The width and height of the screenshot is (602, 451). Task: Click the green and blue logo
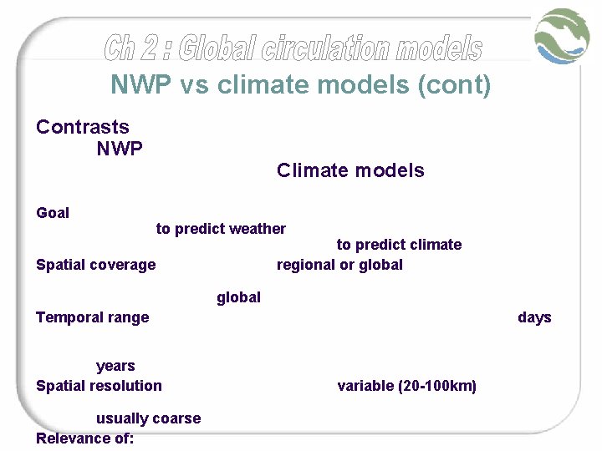[563, 35]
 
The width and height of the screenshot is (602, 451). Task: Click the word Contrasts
[83, 127]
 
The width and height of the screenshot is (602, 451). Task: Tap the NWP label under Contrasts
[120, 149]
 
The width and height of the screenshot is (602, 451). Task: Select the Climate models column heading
[350, 170]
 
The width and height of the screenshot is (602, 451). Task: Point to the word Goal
[53, 213]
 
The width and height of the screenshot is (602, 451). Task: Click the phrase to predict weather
[221, 229]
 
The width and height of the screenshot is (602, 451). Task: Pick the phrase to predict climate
[399, 245]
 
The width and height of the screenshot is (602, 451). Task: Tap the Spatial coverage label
[95, 265]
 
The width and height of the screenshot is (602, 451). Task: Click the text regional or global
[339, 265]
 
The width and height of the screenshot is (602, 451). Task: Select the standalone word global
[238, 297]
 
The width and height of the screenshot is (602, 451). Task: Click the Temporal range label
[92, 317]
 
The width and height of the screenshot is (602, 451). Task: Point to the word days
[534, 317]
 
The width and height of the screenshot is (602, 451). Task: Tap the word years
[115, 366]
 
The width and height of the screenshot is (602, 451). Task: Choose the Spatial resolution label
[99, 386]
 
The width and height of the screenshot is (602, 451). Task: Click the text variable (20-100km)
[406, 386]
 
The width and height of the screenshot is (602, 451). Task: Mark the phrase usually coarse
[148, 418]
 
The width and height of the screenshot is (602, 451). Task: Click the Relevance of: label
[84, 438]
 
